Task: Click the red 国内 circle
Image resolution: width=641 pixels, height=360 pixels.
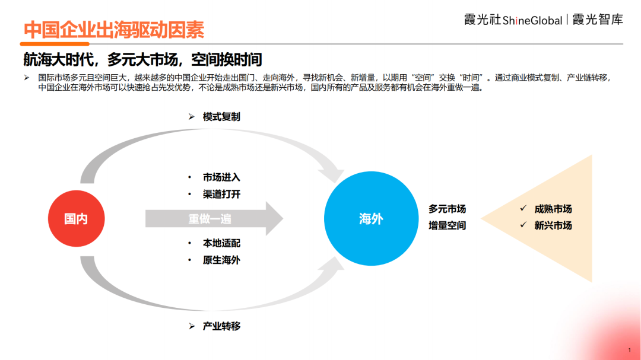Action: click(77, 219)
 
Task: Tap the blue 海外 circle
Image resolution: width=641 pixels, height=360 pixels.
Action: click(371, 219)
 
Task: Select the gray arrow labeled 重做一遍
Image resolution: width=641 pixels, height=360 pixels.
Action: click(214, 219)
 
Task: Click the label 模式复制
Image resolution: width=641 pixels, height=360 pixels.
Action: click(221, 117)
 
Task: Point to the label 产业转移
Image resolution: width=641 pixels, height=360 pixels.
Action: click(221, 326)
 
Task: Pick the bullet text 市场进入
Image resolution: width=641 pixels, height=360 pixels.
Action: click(221, 177)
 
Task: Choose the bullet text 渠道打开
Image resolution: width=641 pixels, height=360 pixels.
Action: click(221, 194)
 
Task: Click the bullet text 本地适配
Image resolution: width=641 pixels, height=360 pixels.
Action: click(221, 243)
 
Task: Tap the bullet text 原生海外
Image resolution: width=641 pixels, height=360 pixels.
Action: click(221, 260)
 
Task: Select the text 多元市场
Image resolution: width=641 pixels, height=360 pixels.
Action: click(448, 209)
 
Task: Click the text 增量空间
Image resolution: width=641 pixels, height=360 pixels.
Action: click(448, 225)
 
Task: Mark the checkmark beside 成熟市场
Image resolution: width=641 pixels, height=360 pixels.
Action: click(523, 208)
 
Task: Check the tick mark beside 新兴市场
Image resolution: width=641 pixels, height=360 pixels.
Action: click(523, 225)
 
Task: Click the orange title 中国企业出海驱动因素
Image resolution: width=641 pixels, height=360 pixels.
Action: click(114, 30)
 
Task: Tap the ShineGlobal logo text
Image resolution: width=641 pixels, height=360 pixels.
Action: click(532, 20)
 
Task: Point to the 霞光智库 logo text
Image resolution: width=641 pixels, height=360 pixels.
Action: click(598, 19)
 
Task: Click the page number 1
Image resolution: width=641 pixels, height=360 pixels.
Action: click(630, 350)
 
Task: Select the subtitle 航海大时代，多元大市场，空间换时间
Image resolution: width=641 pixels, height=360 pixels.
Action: click(142, 60)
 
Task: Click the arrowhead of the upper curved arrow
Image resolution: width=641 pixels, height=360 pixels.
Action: click(332, 171)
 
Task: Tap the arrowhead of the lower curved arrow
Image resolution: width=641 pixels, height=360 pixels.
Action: click(332, 266)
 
